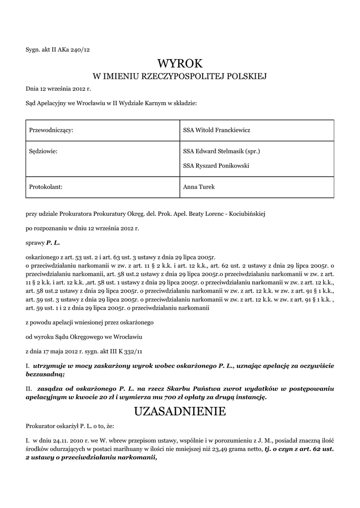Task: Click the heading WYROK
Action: click(180, 63)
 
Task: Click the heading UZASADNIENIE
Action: click(180, 411)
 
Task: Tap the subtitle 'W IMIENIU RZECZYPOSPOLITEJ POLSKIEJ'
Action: click(180, 76)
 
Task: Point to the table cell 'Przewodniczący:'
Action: click(52, 130)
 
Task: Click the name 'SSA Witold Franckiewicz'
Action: click(216, 130)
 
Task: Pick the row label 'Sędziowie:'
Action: click(44, 151)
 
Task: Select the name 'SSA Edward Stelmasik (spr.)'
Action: click(221, 151)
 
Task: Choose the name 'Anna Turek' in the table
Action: click(199, 187)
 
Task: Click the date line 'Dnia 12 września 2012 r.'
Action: click(59, 89)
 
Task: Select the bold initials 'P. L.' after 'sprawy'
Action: click(53, 244)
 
